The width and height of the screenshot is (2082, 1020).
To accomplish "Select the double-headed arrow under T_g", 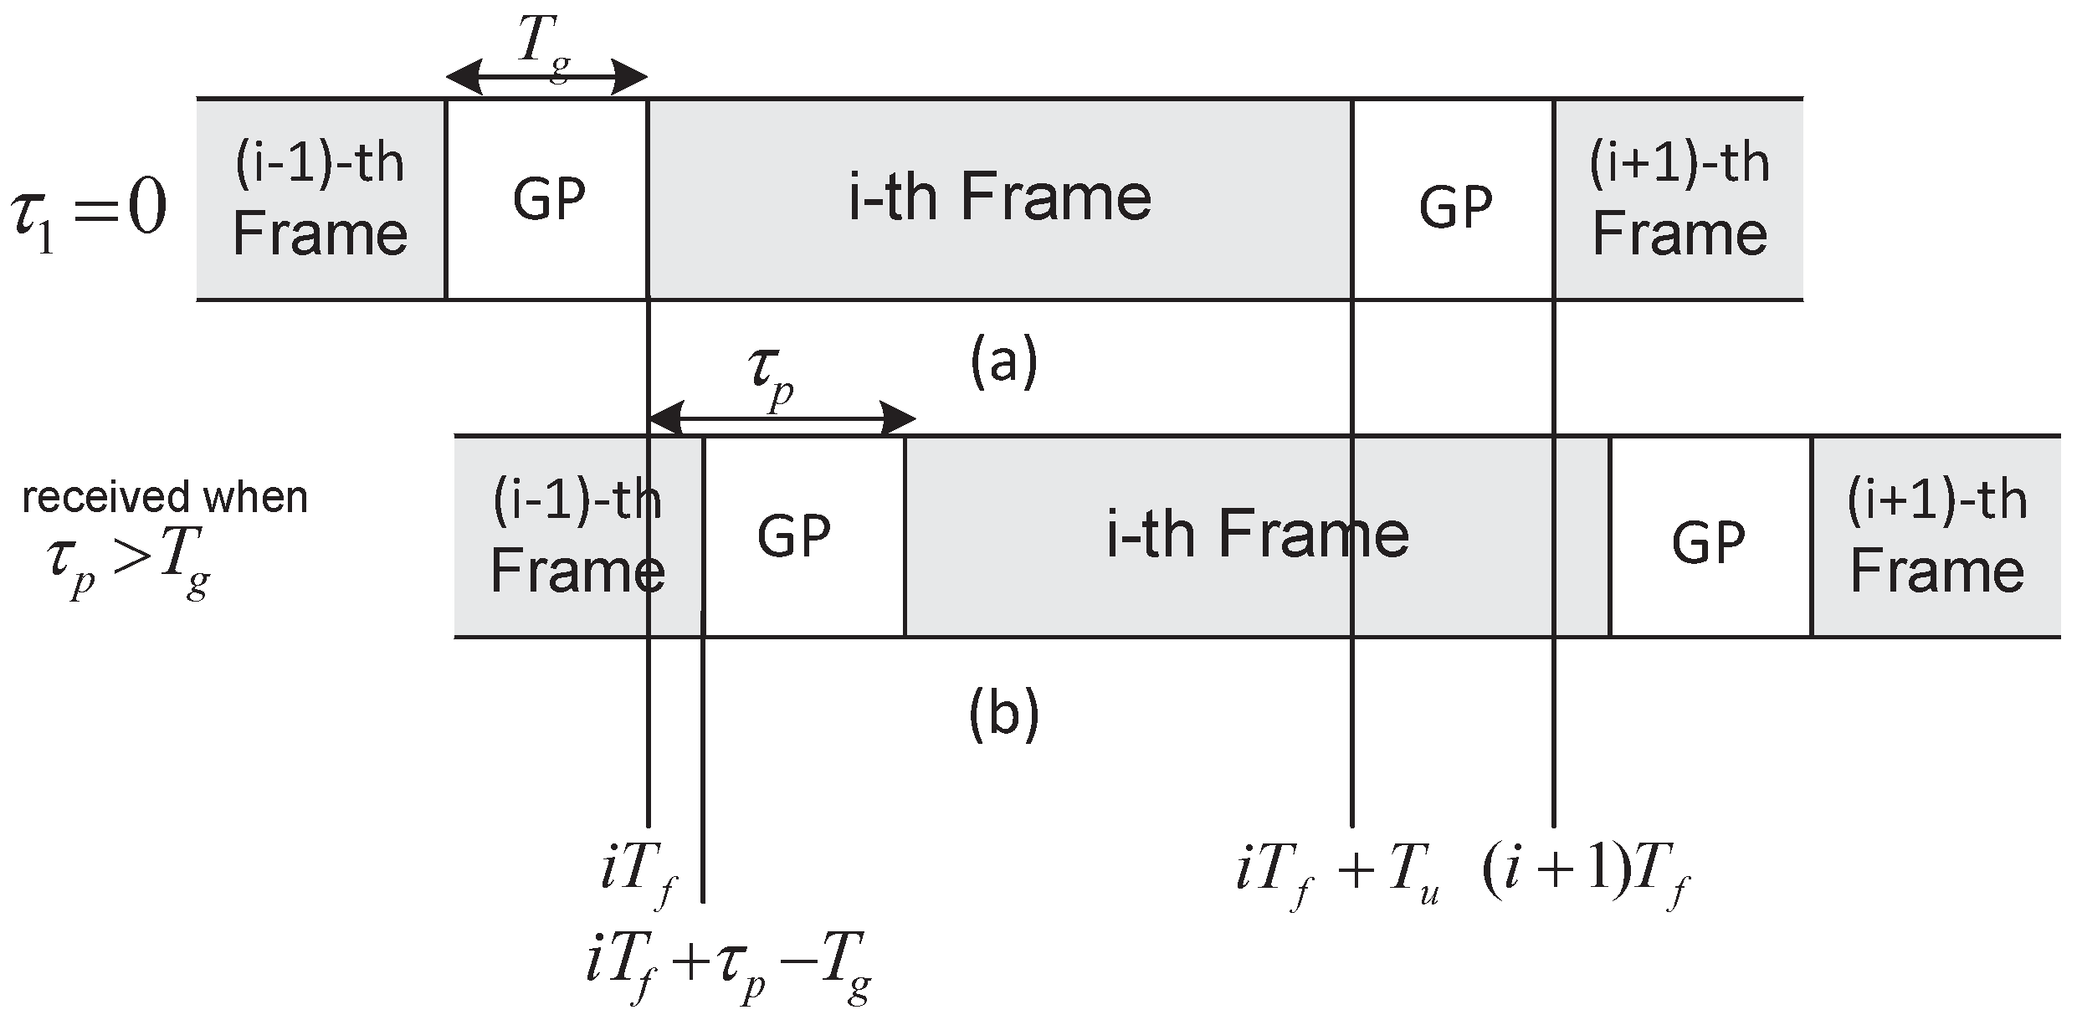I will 546,79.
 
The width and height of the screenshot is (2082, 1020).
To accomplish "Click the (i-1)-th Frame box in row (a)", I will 321,199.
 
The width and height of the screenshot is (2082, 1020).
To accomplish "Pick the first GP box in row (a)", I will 547,199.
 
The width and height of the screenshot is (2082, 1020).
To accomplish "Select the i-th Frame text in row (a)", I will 999,197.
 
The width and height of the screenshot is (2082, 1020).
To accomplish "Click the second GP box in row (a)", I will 1454,206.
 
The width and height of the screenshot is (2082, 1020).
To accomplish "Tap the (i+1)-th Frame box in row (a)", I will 1679,199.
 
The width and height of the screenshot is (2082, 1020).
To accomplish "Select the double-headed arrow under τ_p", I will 782,418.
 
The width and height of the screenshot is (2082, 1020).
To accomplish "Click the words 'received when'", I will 165,498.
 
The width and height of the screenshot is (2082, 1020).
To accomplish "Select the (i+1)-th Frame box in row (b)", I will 1936,536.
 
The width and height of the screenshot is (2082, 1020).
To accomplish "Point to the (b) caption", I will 1003,715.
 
